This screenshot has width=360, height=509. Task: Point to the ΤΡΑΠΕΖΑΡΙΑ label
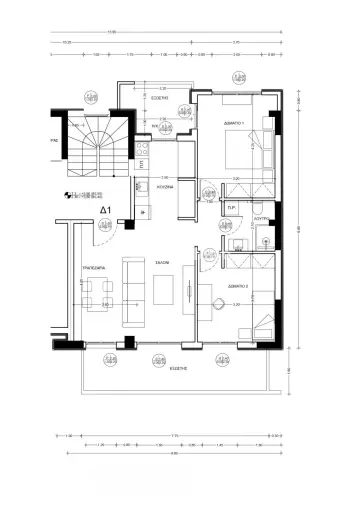[94, 269]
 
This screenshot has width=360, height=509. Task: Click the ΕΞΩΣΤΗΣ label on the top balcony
[159, 100]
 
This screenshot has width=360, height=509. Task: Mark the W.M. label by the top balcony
[157, 125]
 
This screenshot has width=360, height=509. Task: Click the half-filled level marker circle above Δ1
[69, 196]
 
